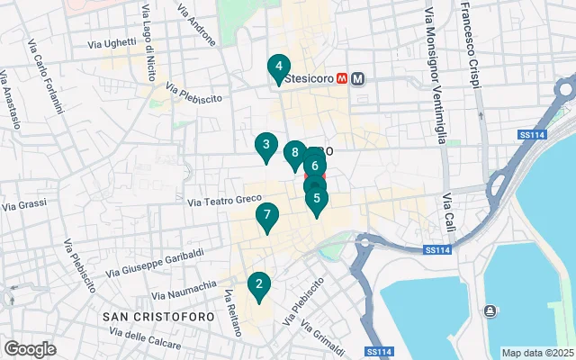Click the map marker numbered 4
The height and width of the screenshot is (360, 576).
(x=279, y=67)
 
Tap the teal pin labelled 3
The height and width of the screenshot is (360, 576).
(x=265, y=145)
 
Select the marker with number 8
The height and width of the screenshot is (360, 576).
(x=294, y=154)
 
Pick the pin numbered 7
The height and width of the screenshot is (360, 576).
(x=266, y=216)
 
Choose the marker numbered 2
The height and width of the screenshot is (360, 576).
(x=259, y=286)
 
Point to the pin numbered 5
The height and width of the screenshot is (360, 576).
(x=316, y=200)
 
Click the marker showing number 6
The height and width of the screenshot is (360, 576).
(x=315, y=166)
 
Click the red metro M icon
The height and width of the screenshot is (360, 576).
(x=342, y=78)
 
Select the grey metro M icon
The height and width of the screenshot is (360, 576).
(x=358, y=78)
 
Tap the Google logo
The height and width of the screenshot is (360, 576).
(x=30, y=349)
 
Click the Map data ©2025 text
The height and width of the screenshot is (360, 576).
(x=535, y=353)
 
